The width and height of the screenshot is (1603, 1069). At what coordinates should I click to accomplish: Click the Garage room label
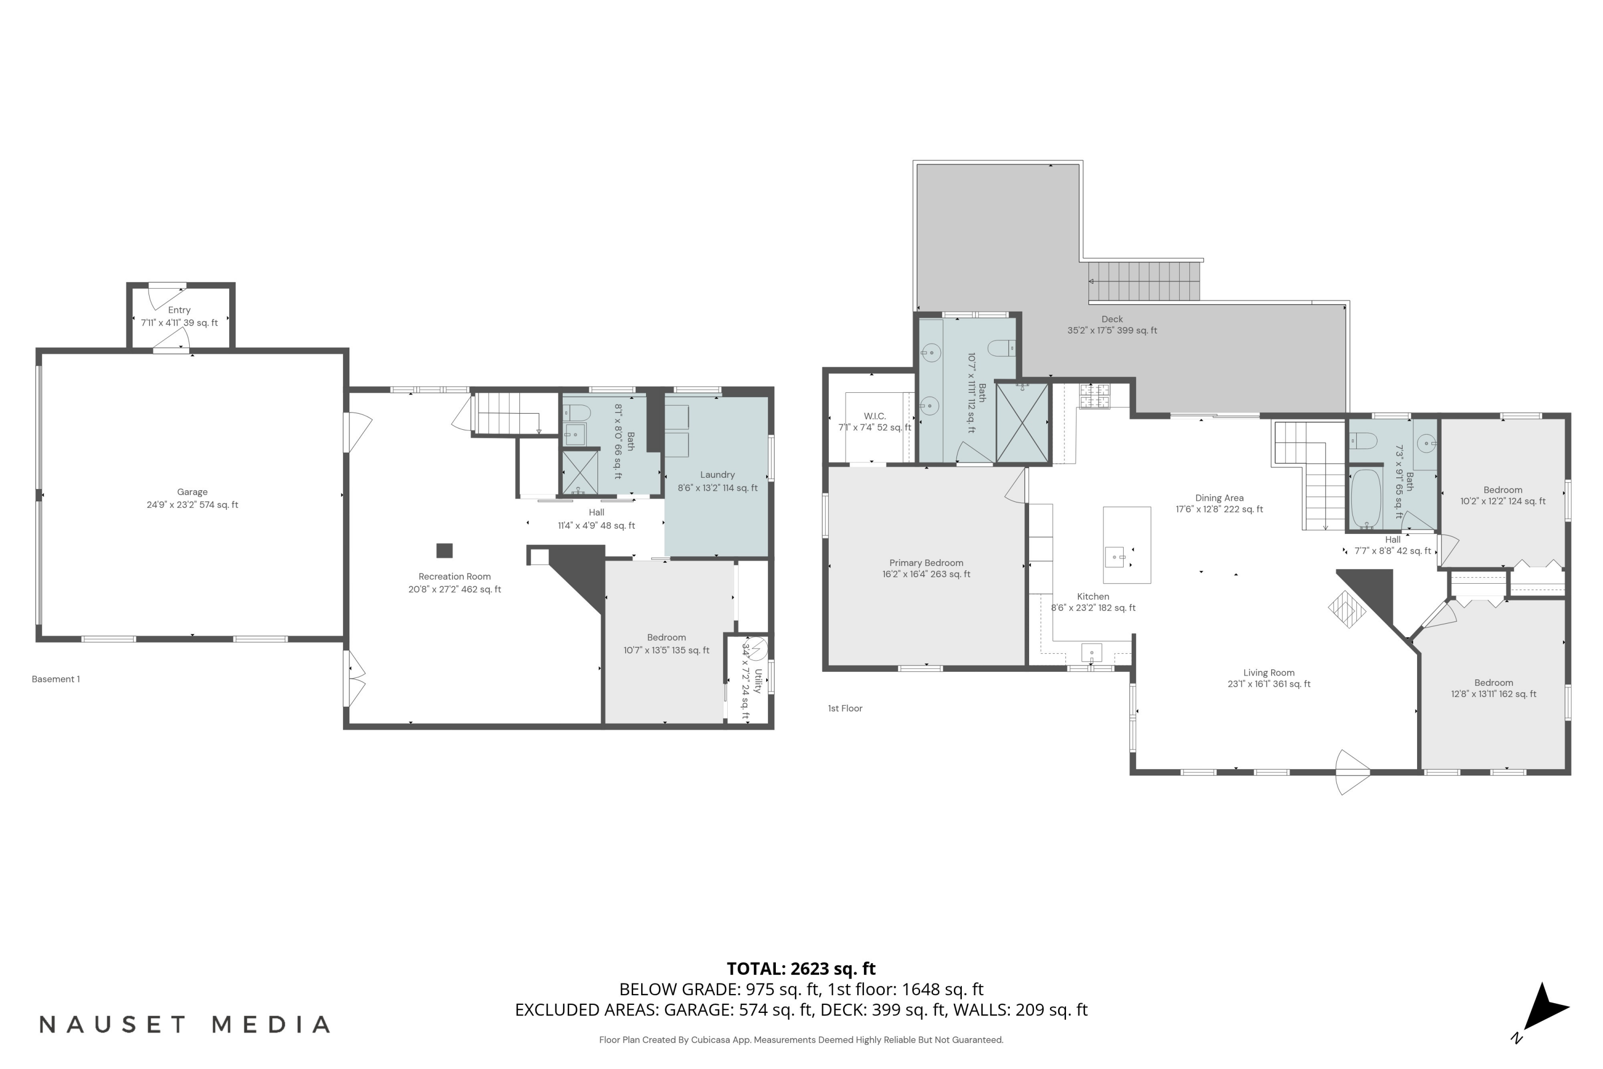[192, 492]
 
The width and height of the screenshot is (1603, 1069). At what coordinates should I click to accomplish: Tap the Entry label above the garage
[179, 310]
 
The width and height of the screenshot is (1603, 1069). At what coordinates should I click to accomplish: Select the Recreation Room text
[455, 577]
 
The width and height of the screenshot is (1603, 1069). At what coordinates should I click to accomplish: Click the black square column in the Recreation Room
[445, 550]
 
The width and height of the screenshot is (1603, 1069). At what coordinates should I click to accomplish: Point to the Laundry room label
[717, 475]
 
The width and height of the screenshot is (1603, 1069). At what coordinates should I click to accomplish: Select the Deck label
[1111, 319]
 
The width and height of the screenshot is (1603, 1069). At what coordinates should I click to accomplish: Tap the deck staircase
[1145, 282]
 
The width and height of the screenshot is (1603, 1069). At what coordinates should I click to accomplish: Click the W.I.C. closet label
[874, 416]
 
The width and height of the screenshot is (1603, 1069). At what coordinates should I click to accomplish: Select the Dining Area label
[1219, 498]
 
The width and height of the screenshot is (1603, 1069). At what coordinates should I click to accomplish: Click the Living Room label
[1269, 673]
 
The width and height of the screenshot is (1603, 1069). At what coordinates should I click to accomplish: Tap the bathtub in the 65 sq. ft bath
[1366, 498]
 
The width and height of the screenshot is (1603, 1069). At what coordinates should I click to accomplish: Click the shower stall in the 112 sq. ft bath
[1022, 423]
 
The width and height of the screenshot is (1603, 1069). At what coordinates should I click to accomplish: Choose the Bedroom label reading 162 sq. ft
[1493, 683]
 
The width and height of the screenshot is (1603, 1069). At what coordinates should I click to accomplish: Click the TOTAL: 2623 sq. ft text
[801, 969]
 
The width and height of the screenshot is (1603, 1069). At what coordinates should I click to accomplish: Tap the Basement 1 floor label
[56, 679]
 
